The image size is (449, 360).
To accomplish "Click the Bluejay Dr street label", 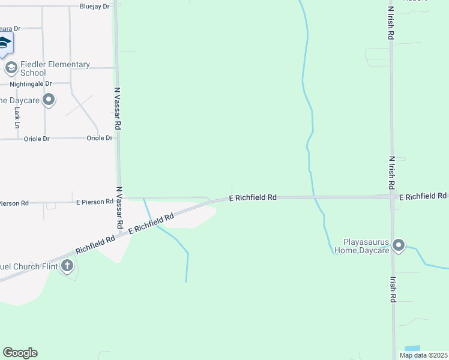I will (x=95, y=7).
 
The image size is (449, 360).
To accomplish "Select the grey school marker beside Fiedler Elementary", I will (x=11, y=68).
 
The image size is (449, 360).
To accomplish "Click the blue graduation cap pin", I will (x=5, y=43).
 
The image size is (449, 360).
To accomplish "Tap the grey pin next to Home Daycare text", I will (x=49, y=100).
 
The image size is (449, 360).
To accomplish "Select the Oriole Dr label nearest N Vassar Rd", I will (x=100, y=138).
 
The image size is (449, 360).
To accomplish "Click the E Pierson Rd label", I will (x=94, y=203).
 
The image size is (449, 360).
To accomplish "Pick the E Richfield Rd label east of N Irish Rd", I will (x=423, y=196).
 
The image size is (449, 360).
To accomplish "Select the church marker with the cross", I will (x=68, y=265).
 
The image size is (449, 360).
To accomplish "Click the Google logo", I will (x=20, y=353).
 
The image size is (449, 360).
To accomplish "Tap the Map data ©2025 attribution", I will (x=424, y=355).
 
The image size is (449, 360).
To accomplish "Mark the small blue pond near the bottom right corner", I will (x=412, y=349).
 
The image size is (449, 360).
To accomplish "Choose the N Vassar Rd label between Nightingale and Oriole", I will (x=118, y=109).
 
